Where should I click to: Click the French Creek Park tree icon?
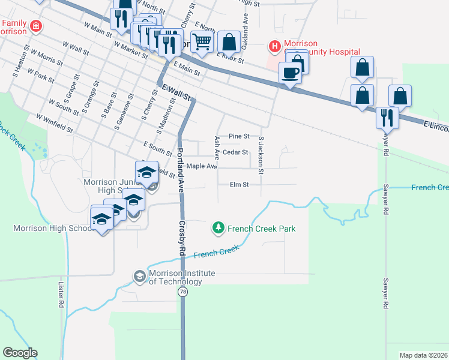click(218, 228)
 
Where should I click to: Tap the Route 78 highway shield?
click(181, 292)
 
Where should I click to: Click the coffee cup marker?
click(291, 73)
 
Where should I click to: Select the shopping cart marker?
click(203, 41)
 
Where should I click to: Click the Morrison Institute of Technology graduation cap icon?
click(139, 276)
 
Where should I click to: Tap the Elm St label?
click(239, 185)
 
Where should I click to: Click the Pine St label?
click(239, 137)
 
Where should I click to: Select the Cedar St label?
click(235, 152)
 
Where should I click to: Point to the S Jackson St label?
click(261, 155)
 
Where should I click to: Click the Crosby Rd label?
click(182, 230)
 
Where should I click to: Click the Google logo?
click(20, 353)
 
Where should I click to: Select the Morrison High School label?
click(52, 228)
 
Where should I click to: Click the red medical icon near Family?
click(37, 26)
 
